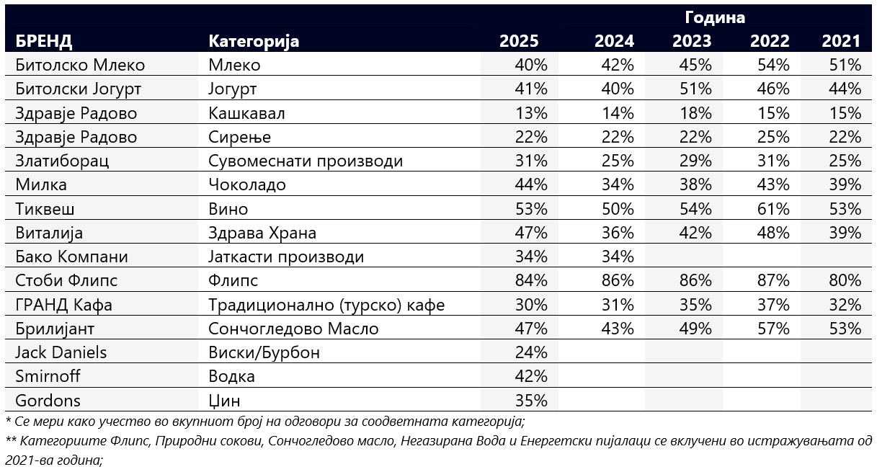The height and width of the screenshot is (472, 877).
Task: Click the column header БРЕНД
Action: click(x=44, y=41)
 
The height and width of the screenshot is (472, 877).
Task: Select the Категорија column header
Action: click(x=254, y=41)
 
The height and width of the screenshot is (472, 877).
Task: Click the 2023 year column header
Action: click(x=692, y=41)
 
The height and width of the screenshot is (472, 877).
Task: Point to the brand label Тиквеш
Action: click(x=45, y=209)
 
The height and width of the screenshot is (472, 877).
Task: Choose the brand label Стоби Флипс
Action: click(x=66, y=280)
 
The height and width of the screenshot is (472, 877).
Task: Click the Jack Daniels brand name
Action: click(x=61, y=352)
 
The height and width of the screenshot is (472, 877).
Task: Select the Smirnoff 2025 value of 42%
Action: click(x=531, y=376)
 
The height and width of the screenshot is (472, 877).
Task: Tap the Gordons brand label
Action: click(x=48, y=400)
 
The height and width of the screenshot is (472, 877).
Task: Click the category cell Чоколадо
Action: click(x=246, y=184)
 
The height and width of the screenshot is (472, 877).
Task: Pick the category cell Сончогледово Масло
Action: click(x=293, y=329)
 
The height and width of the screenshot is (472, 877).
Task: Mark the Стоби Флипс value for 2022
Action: click(x=774, y=280)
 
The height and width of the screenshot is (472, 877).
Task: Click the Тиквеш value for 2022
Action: click(x=774, y=209)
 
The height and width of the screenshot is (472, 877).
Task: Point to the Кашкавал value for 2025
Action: click(x=531, y=113)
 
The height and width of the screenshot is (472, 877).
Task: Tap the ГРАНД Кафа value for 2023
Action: click(x=695, y=305)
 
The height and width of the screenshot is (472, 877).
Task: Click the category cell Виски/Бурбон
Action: click(x=264, y=352)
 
